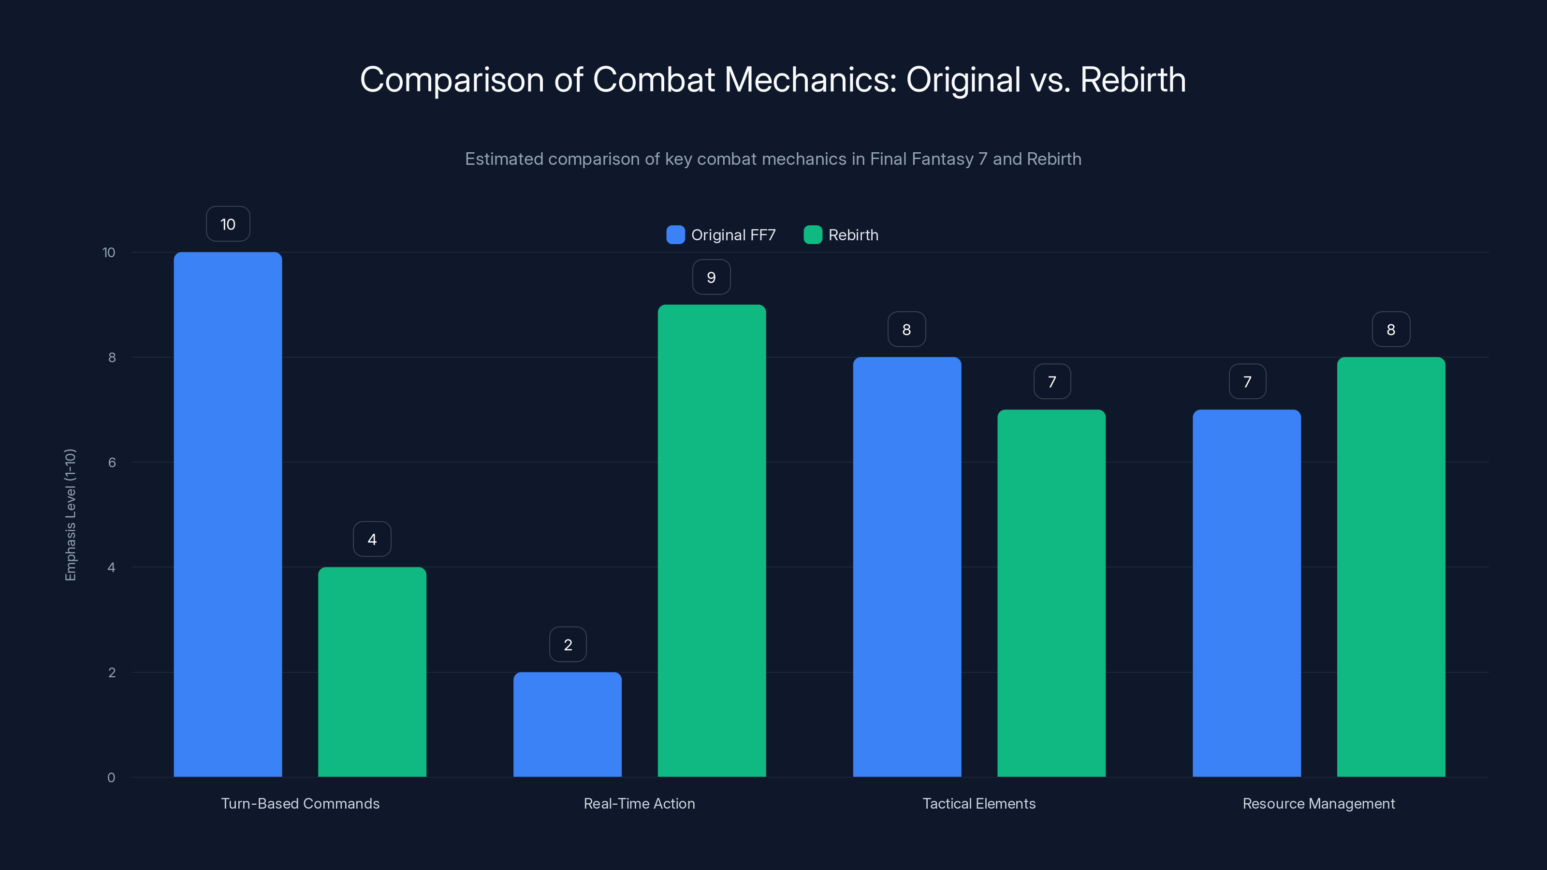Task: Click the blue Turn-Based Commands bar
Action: coord(228,514)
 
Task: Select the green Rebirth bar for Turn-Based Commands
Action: coord(372,671)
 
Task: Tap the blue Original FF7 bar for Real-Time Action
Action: coord(567,724)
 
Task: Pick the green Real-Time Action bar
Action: coord(712,540)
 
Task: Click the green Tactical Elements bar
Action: coord(1051,593)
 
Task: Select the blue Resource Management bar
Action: coord(1246,593)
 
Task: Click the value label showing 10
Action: coord(228,224)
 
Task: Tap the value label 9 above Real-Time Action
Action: coord(711,277)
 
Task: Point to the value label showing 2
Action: coord(568,644)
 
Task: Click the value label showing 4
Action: coord(372,539)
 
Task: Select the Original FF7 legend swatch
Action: coord(675,235)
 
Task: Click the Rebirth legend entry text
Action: coord(853,235)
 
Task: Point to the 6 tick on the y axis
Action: coord(112,463)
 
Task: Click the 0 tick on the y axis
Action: coord(111,778)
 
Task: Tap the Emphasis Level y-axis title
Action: coord(70,515)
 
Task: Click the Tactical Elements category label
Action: coord(979,803)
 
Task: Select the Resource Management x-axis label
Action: coord(1318,803)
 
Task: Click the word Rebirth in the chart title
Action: coord(1133,80)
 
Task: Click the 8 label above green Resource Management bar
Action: coord(1390,329)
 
